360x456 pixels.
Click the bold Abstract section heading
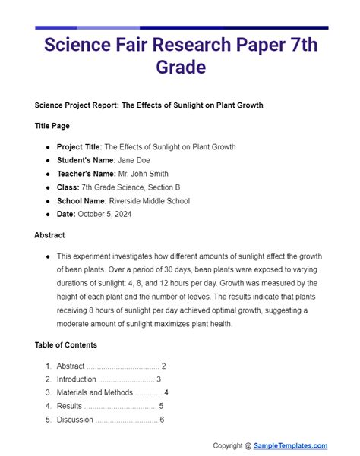49,235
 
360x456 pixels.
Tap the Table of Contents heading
65,344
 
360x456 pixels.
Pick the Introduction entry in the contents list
77,379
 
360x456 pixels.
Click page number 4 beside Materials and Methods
166,392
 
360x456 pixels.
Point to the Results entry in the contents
69,406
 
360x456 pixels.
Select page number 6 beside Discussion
162,420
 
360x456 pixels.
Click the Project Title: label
79,146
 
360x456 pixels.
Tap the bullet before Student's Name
49,161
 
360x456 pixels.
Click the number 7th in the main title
300,43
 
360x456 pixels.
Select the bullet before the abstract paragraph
49,256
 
